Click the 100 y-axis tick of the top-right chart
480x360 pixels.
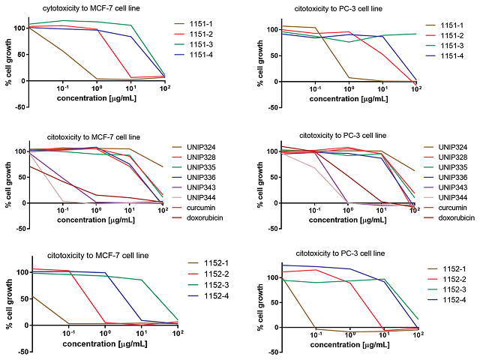266,30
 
